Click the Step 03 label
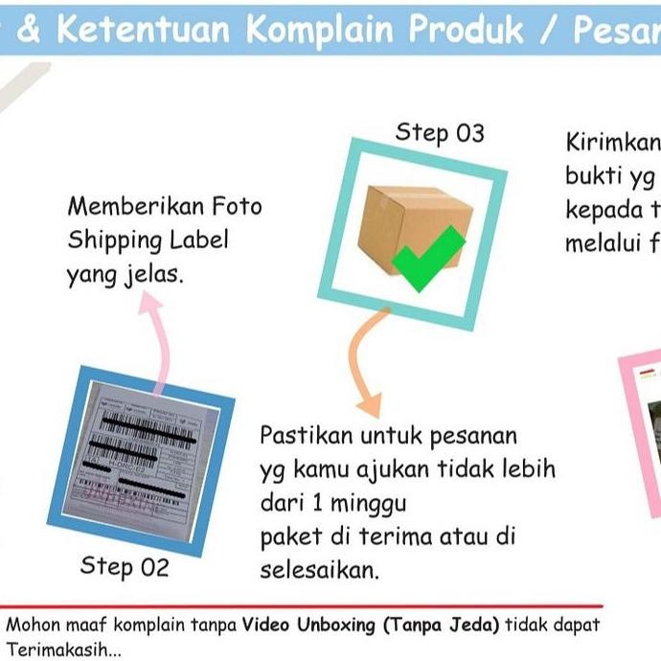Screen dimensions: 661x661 [x=440, y=133]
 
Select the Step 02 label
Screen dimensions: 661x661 [x=125, y=566]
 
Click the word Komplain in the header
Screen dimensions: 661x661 [x=320, y=30]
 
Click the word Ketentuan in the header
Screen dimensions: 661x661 [x=143, y=30]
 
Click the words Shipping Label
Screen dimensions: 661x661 [x=148, y=239]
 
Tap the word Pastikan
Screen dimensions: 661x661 [x=306, y=437]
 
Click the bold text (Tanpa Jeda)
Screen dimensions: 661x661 [x=441, y=626]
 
